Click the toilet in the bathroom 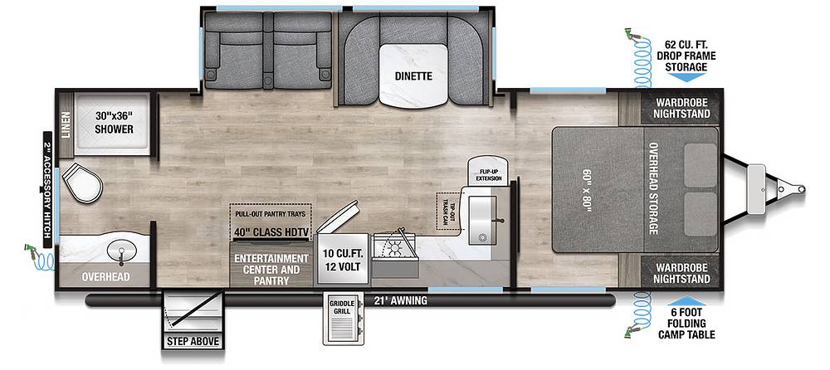tap(82, 182)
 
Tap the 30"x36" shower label tap(114, 123)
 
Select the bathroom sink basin tap(122, 250)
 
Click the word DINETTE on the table tap(413, 76)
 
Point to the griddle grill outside tap(343, 319)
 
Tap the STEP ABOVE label tap(193, 342)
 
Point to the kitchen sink tap(482, 220)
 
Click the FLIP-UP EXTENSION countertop tap(488, 170)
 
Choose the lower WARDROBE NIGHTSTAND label tap(681, 274)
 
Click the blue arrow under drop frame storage tap(686, 77)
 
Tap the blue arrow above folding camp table tap(686, 300)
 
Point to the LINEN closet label tap(66, 124)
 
